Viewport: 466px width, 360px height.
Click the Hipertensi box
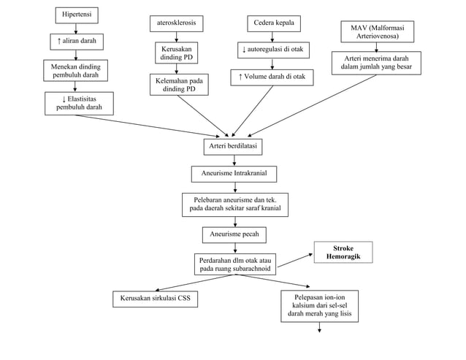coord(77,15)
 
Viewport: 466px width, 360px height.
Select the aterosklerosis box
coord(176,24)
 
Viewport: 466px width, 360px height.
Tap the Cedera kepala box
coord(273,23)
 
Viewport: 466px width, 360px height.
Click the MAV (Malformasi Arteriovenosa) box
coord(377,31)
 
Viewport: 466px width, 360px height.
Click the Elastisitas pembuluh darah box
coord(80,103)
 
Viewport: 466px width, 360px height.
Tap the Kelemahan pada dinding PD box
coord(178,85)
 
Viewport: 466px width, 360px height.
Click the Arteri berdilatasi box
coord(232,147)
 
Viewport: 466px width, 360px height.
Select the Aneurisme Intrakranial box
coord(234,175)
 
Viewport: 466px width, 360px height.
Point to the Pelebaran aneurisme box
coord(234,204)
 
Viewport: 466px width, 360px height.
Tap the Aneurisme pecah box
coord(234,234)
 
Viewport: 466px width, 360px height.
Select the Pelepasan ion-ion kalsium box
coord(319,306)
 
